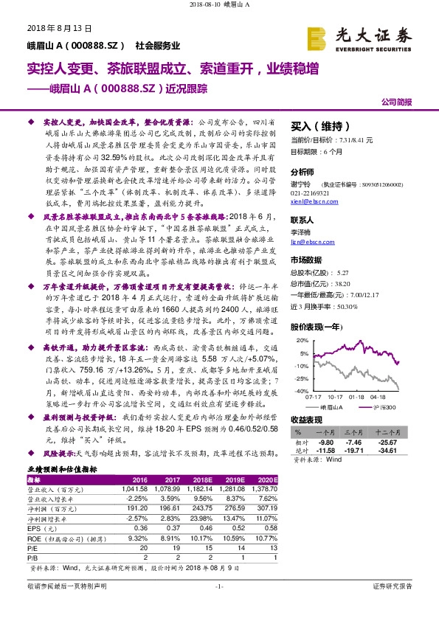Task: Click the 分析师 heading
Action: [303, 170]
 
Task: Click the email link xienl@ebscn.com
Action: [313, 200]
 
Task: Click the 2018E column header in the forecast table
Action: [207, 480]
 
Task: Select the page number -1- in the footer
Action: [219, 606]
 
